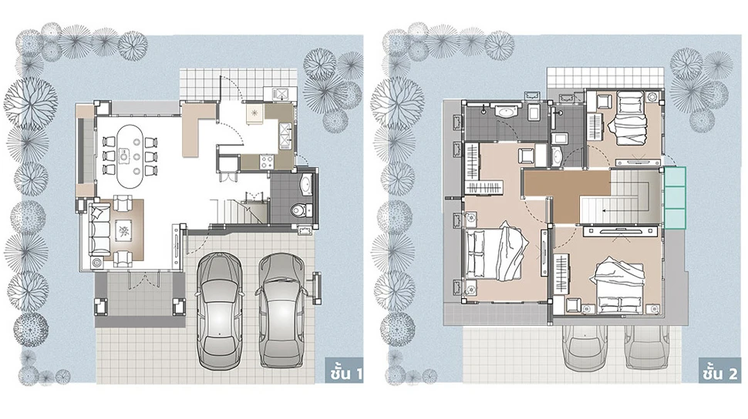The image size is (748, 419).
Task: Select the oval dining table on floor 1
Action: pyautogui.click(x=127, y=156)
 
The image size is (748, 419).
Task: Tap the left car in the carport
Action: pyautogui.click(x=221, y=311)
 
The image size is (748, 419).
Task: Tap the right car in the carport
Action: pyautogui.click(x=282, y=311)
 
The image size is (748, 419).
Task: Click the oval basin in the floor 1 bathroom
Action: pyautogui.click(x=306, y=185)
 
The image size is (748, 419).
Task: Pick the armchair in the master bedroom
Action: pyautogui.click(x=527, y=156)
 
